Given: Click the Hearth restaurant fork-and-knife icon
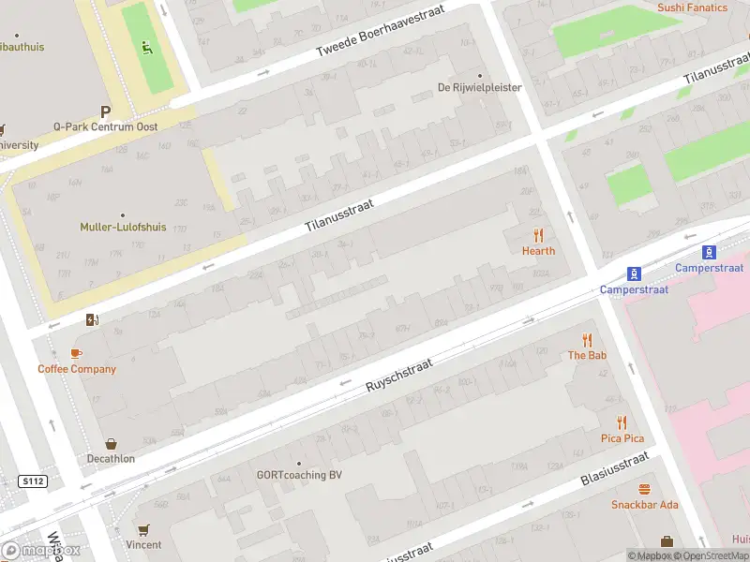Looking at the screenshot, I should [x=538, y=235].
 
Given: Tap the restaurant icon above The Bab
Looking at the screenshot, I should [x=587, y=340].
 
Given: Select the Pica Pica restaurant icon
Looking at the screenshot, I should [x=622, y=423].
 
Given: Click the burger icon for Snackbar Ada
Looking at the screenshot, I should [x=644, y=490].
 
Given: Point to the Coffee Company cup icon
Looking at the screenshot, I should [x=77, y=354].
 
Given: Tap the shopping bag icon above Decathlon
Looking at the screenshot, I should [x=112, y=444].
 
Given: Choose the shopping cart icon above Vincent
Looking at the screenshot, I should [x=143, y=529].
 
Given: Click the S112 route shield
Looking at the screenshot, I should [x=32, y=481].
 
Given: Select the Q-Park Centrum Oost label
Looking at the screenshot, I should [x=105, y=126].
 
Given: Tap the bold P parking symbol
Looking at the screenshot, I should [x=106, y=111].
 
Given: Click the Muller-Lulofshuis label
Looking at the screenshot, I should [x=123, y=227].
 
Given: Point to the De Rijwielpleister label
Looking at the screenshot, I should [x=480, y=88].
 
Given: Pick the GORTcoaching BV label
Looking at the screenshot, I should [x=299, y=475].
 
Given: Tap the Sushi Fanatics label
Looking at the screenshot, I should [x=692, y=7].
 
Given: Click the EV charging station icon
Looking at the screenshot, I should [x=91, y=319].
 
